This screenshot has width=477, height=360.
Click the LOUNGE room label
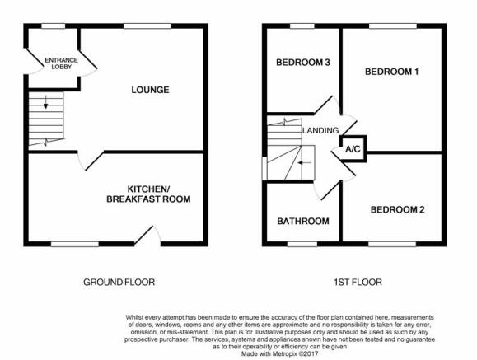click(150, 90)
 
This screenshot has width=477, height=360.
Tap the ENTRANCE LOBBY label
click(62, 63)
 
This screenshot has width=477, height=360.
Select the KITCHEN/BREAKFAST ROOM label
click(148, 194)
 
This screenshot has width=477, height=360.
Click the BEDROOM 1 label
click(392, 72)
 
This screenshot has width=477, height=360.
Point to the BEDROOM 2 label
click(397, 210)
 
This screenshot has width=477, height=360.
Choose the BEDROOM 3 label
click(303, 63)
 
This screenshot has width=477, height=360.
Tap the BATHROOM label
click(303, 221)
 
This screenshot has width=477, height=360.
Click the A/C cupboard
click(353, 149)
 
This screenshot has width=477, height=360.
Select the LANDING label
click(320, 130)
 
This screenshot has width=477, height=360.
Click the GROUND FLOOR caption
click(119, 282)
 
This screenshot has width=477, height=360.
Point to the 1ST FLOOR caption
click(358, 282)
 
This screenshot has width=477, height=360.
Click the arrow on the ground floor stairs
click(46, 102)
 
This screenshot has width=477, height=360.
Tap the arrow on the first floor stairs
click(305, 163)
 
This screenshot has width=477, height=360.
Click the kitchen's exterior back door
click(147, 236)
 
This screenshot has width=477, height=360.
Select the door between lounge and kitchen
click(91, 161)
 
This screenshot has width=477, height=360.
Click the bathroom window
click(302, 244)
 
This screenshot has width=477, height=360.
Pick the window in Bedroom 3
click(302, 26)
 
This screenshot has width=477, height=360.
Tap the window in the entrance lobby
click(54, 26)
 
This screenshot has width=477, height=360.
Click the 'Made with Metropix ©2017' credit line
click(279, 354)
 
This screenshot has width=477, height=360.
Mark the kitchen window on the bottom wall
click(75, 244)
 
